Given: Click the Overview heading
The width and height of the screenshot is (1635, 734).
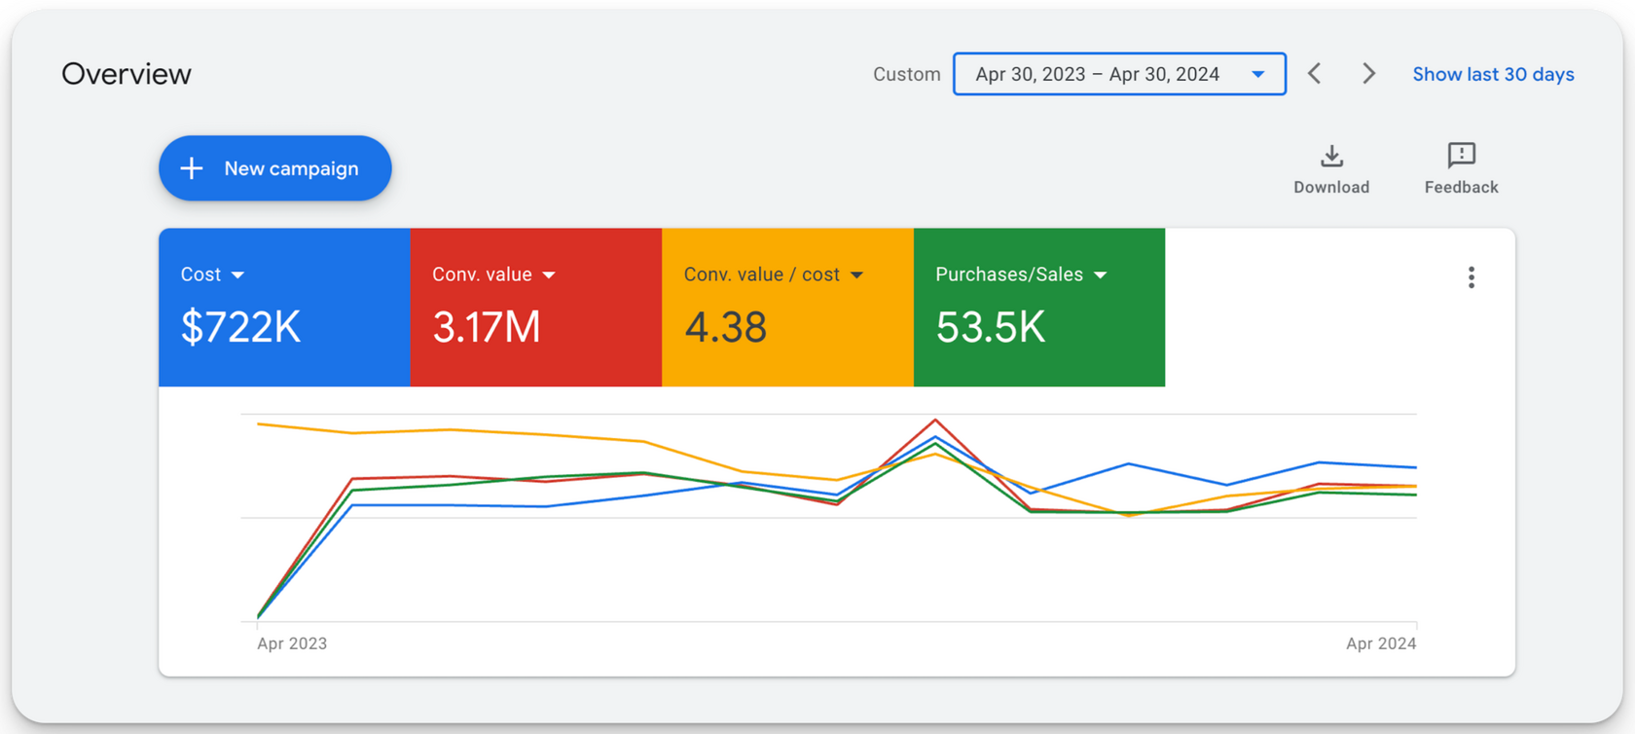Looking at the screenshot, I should pyautogui.click(x=127, y=74).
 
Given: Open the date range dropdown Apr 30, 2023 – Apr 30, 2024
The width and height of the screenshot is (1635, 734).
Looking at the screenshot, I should pyautogui.click(x=1119, y=74).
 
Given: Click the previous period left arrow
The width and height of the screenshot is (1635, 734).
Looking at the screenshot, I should pyautogui.click(x=1315, y=74).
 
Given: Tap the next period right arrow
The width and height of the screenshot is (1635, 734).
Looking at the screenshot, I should pyautogui.click(x=1368, y=74).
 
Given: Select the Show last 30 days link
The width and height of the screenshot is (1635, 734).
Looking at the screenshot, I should pyautogui.click(x=1493, y=74).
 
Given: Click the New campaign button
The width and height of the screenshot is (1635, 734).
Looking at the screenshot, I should pyautogui.click(x=275, y=168).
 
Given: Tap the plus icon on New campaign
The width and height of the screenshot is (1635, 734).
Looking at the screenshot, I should pyautogui.click(x=192, y=168).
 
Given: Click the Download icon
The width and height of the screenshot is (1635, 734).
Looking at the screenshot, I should pyautogui.click(x=1331, y=157).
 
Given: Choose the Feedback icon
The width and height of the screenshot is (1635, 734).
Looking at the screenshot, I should pyautogui.click(x=1461, y=156).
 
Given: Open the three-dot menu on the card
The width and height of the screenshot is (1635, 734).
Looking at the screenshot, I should pyautogui.click(x=1471, y=277).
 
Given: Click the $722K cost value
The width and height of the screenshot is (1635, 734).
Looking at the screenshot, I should pyautogui.click(x=240, y=327).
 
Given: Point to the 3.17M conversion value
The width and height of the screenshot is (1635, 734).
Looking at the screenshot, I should pyautogui.click(x=487, y=327).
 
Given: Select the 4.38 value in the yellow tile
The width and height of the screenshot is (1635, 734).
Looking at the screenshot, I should pyautogui.click(x=725, y=327).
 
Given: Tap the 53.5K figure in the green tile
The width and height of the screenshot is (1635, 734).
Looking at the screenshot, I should pyautogui.click(x=990, y=327).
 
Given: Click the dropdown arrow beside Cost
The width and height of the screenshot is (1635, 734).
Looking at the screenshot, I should pyautogui.click(x=237, y=275).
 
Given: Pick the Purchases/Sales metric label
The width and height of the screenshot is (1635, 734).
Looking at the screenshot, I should pyautogui.click(x=1009, y=275).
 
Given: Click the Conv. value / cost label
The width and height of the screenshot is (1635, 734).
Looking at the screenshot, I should pyautogui.click(x=761, y=275).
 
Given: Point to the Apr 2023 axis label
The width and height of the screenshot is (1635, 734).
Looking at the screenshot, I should pyautogui.click(x=292, y=643).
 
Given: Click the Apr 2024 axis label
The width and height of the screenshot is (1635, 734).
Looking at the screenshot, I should pyautogui.click(x=1380, y=643).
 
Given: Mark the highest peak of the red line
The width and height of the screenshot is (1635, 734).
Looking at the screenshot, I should pyautogui.click(x=935, y=421).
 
